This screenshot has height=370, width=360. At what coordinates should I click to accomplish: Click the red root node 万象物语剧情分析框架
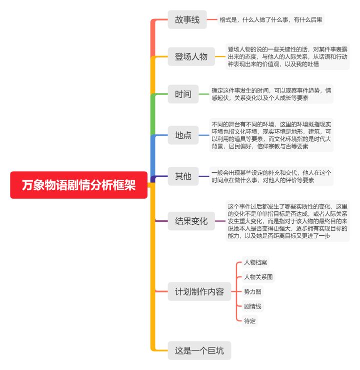click(x=78, y=185)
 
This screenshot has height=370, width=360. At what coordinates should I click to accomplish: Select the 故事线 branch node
click(x=187, y=20)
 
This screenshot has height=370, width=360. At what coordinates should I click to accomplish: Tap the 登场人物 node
click(x=191, y=57)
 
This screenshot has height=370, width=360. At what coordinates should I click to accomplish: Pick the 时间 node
click(x=183, y=94)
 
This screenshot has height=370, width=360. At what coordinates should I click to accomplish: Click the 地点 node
click(x=183, y=135)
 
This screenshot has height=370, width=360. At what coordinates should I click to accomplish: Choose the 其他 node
click(x=183, y=176)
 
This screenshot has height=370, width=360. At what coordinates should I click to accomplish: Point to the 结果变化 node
click(x=191, y=221)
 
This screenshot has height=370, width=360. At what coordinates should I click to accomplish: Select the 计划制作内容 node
click(x=199, y=291)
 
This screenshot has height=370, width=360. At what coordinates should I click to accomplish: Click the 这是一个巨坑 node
click(x=199, y=350)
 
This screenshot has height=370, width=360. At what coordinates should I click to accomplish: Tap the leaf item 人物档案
click(x=255, y=262)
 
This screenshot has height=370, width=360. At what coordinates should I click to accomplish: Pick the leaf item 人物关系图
click(x=258, y=277)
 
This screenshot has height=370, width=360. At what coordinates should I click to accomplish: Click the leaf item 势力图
click(x=252, y=291)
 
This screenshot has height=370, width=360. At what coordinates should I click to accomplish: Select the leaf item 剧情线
click(x=252, y=306)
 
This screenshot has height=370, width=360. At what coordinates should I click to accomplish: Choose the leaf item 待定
click(x=249, y=320)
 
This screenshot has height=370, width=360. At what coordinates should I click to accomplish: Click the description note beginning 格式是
click(x=270, y=20)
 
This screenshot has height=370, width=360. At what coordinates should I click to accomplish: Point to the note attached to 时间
click(x=271, y=94)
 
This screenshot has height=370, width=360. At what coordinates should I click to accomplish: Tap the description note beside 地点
click(x=271, y=135)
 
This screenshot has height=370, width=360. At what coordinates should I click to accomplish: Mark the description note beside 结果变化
click(x=287, y=221)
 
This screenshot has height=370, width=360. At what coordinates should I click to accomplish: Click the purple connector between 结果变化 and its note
click(x=220, y=221)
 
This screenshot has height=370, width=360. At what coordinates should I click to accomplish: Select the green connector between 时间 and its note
click(x=204, y=94)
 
